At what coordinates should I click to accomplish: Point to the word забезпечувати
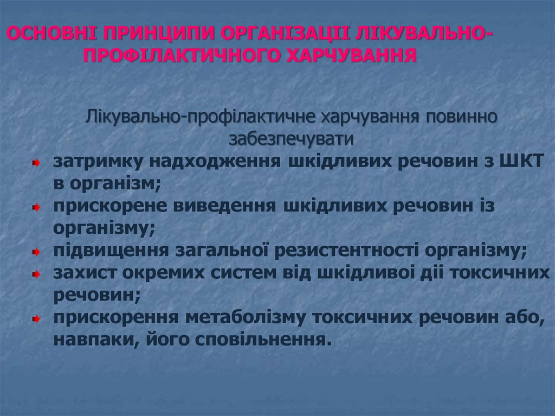[x=291, y=139]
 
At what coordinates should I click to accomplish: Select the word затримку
[x=98, y=162]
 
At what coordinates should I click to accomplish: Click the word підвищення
[x=111, y=251]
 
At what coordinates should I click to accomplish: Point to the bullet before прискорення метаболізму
[x=35, y=318]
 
